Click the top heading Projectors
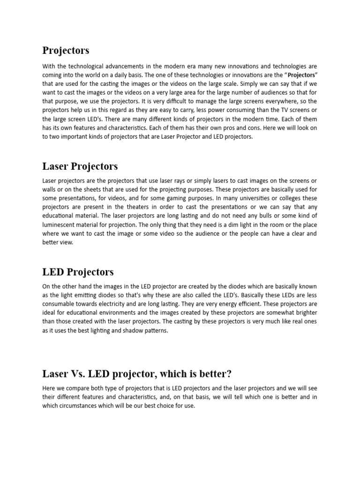[66, 50]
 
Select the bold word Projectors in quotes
[301, 75]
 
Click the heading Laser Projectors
[80, 166]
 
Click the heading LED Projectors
[78, 272]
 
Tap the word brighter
[305, 313]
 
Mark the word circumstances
[82, 405]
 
